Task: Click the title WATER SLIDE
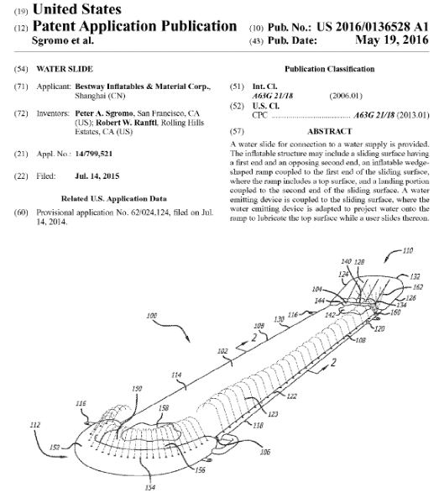pos(65,69)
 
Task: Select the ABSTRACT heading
pos(330,131)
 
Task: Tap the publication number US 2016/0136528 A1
pos(373,27)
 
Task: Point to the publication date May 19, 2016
pos(392,40)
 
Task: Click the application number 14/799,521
pos(94,154)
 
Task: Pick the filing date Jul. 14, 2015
pos(97,176)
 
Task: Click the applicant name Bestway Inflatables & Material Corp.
pos(143,86)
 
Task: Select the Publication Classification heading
pos(330,69)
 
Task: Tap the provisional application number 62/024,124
pos(150,212)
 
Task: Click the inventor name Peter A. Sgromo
pos(104,113)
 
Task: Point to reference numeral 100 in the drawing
pos(152,316)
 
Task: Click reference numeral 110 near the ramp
pos(408,250)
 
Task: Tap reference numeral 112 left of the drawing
pos(35,425)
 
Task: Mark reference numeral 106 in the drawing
pos(264,452)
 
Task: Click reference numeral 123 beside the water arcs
pos(273,414)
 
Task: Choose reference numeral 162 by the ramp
pos(418,287)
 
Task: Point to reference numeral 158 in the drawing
pos(163,407)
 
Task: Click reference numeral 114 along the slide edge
pos(176,375)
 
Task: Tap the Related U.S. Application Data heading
pos(114,199)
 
